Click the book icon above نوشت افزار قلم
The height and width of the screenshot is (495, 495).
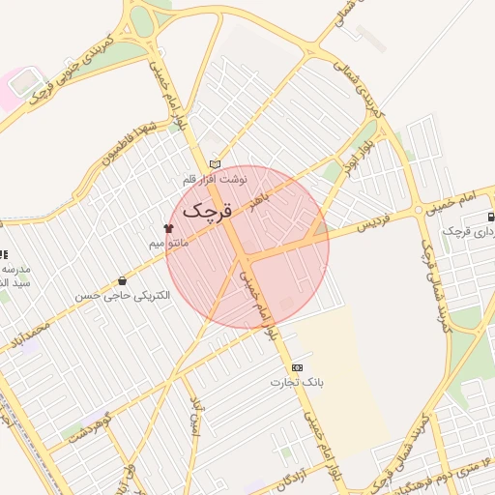pos(215,164)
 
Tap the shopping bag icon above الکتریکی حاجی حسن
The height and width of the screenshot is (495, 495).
pos(121,280)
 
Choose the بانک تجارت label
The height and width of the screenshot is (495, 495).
pos(295,383)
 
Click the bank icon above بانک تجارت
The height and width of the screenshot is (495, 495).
pos(296,367)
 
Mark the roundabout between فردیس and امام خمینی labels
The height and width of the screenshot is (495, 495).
pos(417,209)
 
